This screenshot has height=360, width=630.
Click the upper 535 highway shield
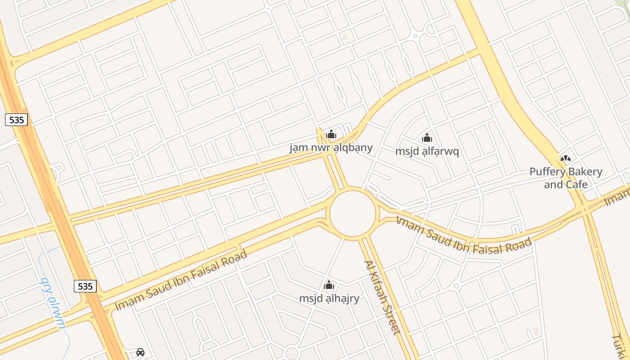(x=17, y=120)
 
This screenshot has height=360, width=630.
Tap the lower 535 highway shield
(x=85, y=286)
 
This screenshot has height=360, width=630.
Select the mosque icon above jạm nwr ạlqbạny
(x=331, y=134)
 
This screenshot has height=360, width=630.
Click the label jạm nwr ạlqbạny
(x=331, y=148)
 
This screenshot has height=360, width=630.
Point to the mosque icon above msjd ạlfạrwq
(x=427, y=138)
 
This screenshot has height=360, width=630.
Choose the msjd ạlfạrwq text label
(x=427, y=151)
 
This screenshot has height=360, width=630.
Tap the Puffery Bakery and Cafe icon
(x=566, y=158)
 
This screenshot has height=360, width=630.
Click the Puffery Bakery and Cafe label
(x=566, y=178)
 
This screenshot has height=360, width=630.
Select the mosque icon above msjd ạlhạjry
(x=329, y=285)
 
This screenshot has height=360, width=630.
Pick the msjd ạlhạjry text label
(x=329, y=298)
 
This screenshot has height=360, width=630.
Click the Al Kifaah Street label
(x=382, y=298)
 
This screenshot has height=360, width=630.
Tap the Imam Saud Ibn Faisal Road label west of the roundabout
(x=181, y=280)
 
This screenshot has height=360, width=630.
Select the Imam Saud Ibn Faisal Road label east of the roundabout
(x=463, y=234)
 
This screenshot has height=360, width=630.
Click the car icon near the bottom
(x=140, y=352)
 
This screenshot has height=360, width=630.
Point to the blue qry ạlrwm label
(x=54, y=303)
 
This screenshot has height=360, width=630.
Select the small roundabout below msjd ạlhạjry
(x=292, y=354)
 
